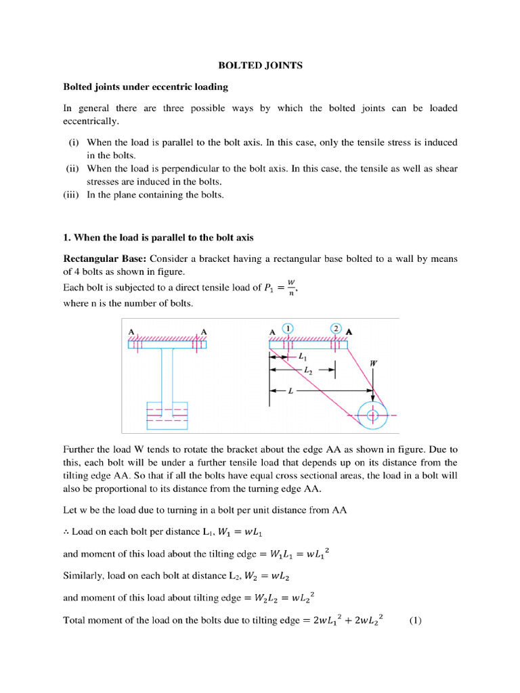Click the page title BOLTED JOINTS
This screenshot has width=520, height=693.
tap(260, 66)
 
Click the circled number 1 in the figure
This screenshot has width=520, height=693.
tap(289, 328)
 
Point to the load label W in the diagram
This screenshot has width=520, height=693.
tap(373, 363)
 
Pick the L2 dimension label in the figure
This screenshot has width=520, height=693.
tap(308, 371)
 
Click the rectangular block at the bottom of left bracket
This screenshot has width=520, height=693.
tap(167, 416)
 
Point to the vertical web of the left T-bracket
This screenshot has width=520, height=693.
tap(167, 375)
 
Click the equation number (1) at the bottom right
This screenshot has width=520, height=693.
tap(416, 620)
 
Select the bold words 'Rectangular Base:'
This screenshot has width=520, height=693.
tap(104, 259)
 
